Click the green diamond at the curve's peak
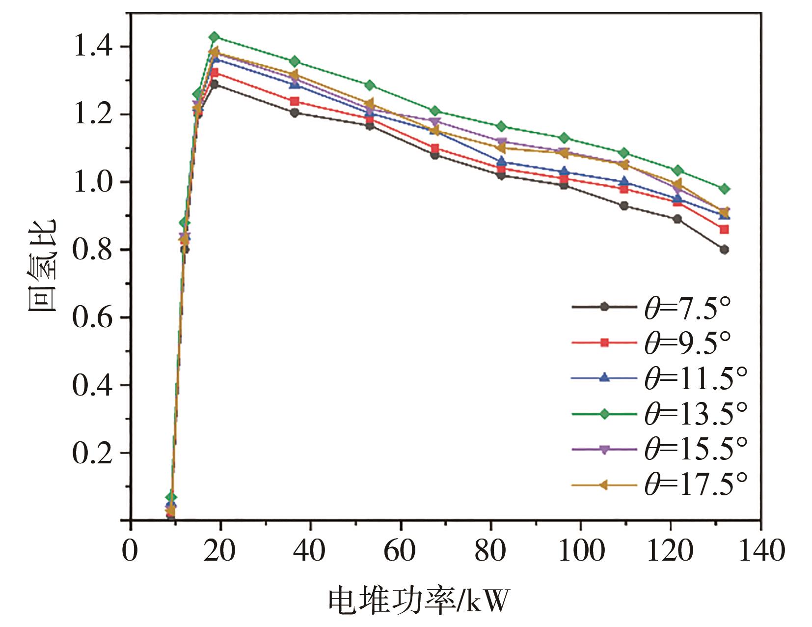tap(214, 37)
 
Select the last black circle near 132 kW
tap(724, 250)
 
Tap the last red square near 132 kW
tap(724, 229)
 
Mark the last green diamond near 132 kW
tap(724, 189)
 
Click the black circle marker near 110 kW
tap(624, 206)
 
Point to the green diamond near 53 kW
tap(370, 85)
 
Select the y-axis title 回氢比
tap(42, 265)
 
